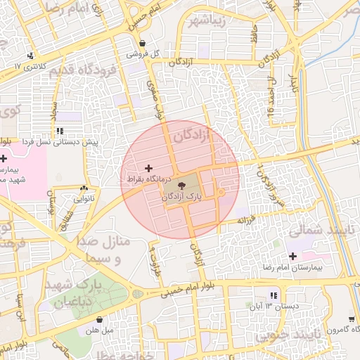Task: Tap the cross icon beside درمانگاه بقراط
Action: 148,168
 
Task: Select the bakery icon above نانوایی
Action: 85,188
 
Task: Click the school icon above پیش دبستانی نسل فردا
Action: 60,131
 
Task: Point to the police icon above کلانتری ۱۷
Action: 30,56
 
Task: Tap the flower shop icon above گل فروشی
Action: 143,43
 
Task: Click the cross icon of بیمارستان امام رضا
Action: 292,257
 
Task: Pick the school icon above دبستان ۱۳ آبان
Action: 273,295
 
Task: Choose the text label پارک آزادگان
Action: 186,198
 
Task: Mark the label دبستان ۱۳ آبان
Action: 268,307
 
